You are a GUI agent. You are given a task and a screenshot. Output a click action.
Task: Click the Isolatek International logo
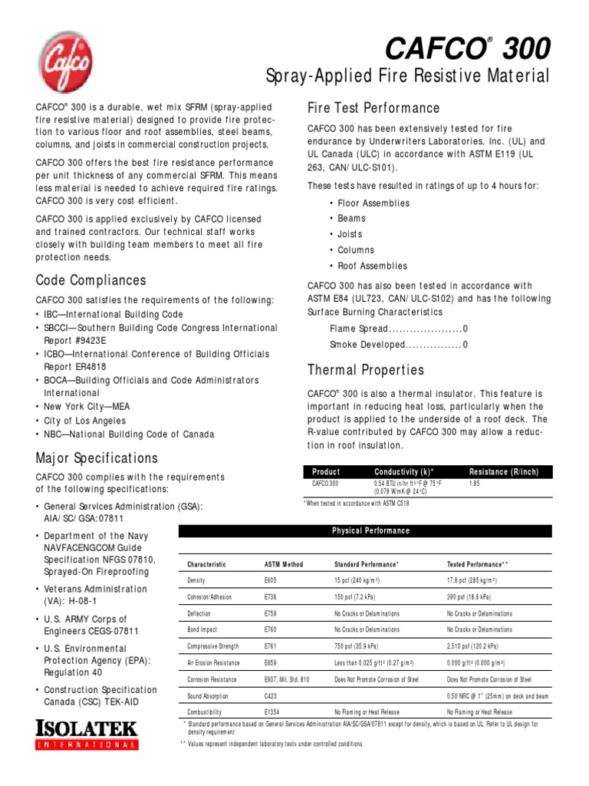87,734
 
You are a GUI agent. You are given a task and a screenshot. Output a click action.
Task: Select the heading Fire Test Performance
373,107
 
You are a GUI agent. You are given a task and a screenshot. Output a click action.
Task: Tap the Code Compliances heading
90,280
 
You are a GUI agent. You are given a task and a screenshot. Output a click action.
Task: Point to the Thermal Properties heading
365,370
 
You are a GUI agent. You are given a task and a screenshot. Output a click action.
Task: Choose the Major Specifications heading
97,458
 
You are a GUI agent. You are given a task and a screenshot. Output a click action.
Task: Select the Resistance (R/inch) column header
502,471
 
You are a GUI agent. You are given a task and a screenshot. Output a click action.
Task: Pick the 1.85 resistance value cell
474,484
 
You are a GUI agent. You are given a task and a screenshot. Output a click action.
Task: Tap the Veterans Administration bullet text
95,595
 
